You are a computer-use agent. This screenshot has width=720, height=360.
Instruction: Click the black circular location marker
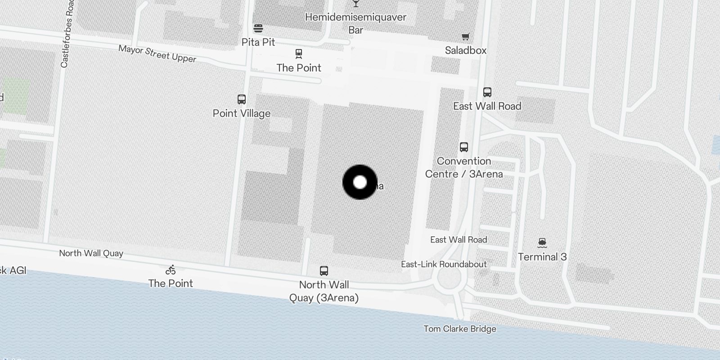coord(360,182)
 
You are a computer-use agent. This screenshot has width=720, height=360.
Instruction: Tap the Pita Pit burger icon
coord(258,28)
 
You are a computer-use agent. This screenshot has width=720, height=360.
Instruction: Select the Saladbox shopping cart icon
coord(465,36)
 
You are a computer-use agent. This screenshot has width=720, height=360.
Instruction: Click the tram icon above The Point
coord(299,54)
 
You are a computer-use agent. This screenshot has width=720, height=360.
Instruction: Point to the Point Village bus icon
coord(242,99)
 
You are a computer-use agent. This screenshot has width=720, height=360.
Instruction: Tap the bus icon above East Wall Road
coord(487,92)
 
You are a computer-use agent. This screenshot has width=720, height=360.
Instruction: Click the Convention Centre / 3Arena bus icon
coord(464,147)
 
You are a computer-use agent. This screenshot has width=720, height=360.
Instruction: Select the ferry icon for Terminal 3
coord(542,243)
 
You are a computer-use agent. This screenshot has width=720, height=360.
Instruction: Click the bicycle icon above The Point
coord(171,270)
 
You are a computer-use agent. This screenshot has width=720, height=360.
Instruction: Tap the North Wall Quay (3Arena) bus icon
coord(324,271)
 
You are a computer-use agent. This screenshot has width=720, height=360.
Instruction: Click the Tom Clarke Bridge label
coord(460,329)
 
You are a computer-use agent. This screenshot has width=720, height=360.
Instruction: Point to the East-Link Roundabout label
coord(444,264)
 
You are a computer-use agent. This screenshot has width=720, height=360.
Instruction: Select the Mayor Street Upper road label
coord(157,54)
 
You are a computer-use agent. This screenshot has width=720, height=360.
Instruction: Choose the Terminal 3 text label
coord(542,257)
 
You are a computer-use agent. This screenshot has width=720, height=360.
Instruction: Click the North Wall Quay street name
coord(91,253)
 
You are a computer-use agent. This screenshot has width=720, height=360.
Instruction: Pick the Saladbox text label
coord(466,50)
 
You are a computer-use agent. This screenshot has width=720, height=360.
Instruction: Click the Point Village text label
coord(242,113)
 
